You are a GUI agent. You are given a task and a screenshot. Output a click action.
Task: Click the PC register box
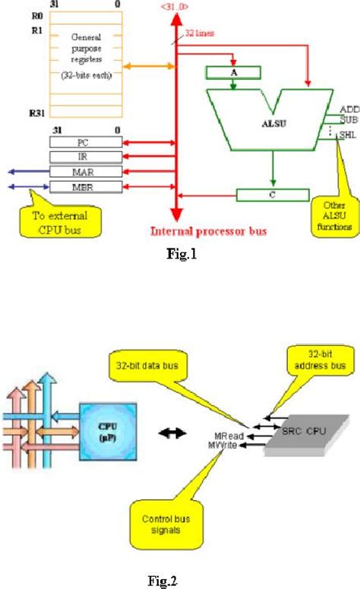coord(84,141)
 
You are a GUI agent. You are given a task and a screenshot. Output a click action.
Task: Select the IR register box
coord(84,157)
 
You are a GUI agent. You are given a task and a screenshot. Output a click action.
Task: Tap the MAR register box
coord(84,172)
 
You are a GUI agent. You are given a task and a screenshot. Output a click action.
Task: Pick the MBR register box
coord(84,187)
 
